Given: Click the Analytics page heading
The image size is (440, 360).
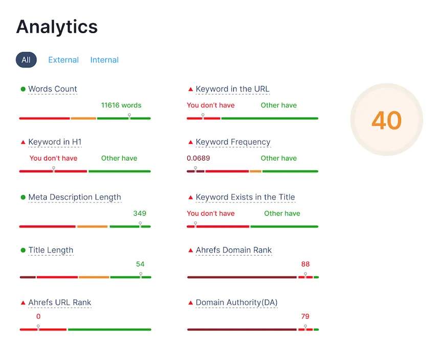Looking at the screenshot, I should click(x=57, y=27).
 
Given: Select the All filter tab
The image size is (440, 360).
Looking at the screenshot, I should click(x=26, y=60).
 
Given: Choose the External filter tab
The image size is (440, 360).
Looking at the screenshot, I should click(x=63, y=60).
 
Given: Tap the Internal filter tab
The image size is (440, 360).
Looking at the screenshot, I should click(x=104, y=60).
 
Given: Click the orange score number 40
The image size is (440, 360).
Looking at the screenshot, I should click(x=386, y=121).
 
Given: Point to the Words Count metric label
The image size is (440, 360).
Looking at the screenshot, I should click(x=53, y=89).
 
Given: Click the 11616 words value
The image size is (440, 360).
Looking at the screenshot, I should click(x=121, y=105).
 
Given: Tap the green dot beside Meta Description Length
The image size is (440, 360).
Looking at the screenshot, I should click(x=23, y=197).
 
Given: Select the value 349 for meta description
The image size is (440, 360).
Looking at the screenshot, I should click(x=140, y=213).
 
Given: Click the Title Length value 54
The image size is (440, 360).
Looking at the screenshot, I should click(x=140, y=264).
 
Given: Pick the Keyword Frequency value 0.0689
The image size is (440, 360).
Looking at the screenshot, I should click(x=199, y=158).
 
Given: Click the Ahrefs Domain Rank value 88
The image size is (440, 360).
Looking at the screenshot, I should click(x=305, y=264).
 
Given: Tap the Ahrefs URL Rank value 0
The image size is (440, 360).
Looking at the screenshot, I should click(x=38, y=316).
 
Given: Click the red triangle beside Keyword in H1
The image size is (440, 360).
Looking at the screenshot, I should click(x=23, y=142).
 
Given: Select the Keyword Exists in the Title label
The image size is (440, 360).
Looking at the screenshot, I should click(x=245, y=197).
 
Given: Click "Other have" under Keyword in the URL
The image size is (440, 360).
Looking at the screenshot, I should click(x=279, y=105).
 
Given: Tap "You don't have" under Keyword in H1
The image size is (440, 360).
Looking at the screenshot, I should click(x=53, y=158).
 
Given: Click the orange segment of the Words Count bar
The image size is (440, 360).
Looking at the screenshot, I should click(x=83, y=118).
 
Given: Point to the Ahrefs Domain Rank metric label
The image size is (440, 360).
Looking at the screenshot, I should click(x=234, y=250).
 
